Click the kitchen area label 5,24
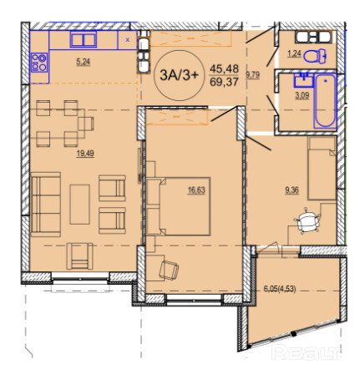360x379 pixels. pos(84,62)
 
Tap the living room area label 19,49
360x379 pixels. pos(85,153)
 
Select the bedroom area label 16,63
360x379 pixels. pos(196,190)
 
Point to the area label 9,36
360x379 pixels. pos(292,190)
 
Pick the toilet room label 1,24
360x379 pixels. pos(295,53)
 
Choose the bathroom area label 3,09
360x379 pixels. pos(302,96)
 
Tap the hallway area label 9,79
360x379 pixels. pos(253,75)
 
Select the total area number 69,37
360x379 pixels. pos(224,82)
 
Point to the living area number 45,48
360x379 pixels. pos(224,68)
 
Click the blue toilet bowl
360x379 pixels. pos(315,56)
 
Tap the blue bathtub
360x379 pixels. pos(325,101)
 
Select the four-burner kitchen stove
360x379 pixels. pos(39,63)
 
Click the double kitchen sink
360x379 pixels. pos(84,39)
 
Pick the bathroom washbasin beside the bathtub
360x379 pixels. pos(303,79)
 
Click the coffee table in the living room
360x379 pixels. pos(80,205)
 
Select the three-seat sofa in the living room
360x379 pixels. pos(46,205)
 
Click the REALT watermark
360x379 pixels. pos(306,353)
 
